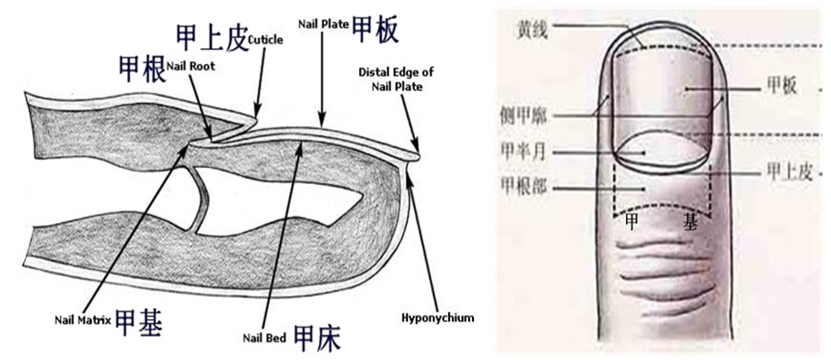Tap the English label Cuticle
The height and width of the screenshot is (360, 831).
pyautogui.click(x=265, y=40)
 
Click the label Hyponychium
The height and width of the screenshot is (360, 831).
pyautogui.click(x=438, y=318)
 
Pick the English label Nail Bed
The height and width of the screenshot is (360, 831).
pyautogui.click(x=263, y=337)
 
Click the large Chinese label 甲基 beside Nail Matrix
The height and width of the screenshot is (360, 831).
pyautogui.click(x=140, y=322)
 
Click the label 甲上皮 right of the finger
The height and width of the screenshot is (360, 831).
pyautogui.click(x=785, y=171)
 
